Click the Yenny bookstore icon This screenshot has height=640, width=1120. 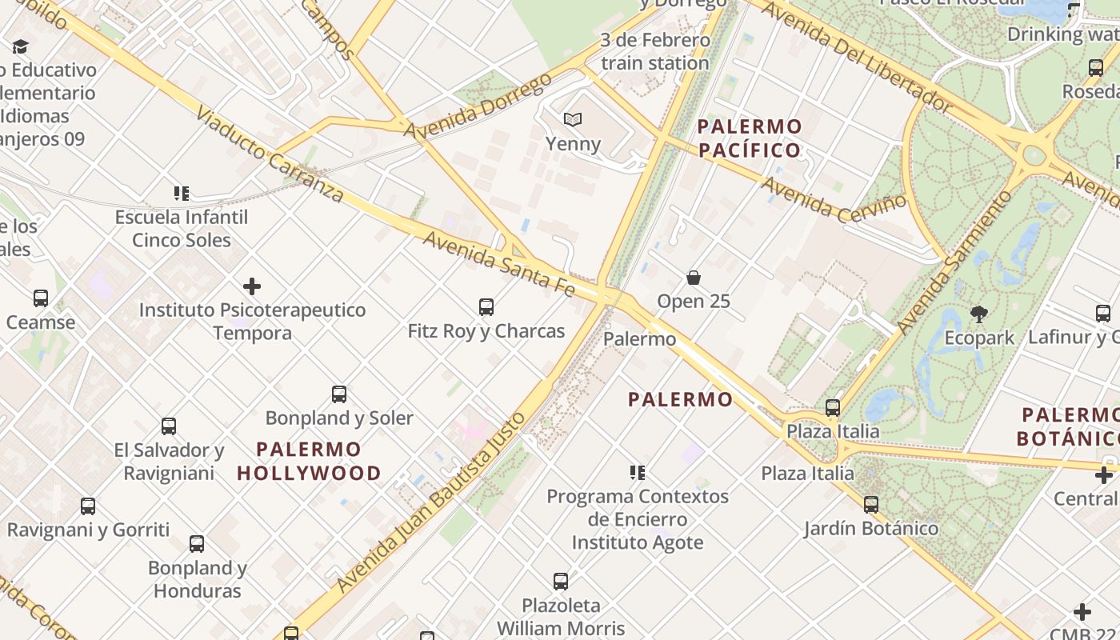tap(572, 120)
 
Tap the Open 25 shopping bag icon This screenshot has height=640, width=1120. tap(694, 278)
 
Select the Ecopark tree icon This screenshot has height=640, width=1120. tap(978, 314)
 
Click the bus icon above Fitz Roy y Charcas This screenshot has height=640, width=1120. tap(486, 306)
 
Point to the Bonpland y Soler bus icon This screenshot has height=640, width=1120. tap(338, 394)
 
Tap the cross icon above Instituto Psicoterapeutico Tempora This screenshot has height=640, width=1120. tap(252, 286)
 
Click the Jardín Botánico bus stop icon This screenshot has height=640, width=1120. tap(870, 505)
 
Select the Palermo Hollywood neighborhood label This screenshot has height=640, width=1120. tap(309, 462)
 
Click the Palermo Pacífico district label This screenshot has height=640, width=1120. tap(750, 138)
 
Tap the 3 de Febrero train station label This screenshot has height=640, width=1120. tap(655, 51)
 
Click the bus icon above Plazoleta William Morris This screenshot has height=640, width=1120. tap(561, 581)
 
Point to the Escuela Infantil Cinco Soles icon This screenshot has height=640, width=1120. tap(182, 193)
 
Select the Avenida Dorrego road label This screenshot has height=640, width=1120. tap(478, 106)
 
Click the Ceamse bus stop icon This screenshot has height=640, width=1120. tap(40, 298)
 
